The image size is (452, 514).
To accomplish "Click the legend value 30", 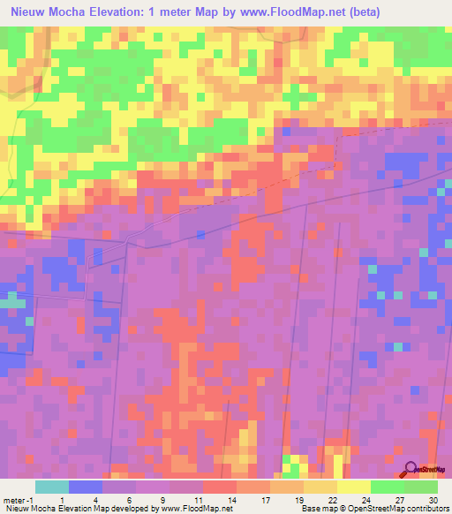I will (432, 499).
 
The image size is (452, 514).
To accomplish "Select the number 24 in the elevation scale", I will (365, 499).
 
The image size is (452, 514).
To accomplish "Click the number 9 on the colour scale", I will (163, 499).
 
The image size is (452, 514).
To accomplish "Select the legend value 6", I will (131, 499).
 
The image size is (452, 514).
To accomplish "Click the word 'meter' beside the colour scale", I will (12, 499).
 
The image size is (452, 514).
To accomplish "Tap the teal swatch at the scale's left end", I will (52, 487).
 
